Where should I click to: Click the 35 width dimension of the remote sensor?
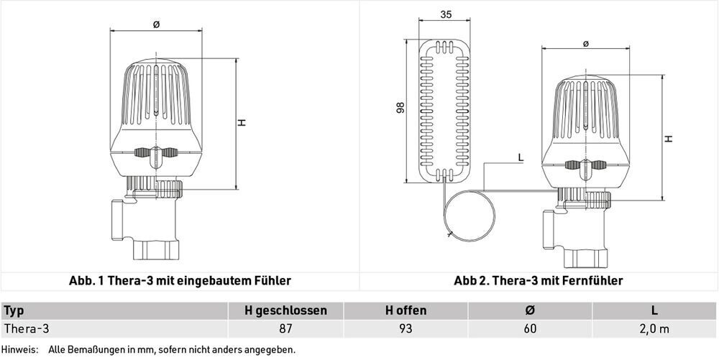click(446, 14)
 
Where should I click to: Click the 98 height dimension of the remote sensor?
click(400, 108)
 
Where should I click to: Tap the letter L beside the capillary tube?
click(521, 157)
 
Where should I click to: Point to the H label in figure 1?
click(242, 123)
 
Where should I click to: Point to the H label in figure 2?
click(669, 138)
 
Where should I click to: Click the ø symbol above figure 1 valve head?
click(156, 24)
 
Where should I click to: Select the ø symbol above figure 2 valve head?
click(585, 44)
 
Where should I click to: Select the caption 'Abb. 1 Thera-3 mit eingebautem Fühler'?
click(180, 280)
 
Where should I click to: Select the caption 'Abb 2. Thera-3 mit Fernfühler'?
click(539, 280)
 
